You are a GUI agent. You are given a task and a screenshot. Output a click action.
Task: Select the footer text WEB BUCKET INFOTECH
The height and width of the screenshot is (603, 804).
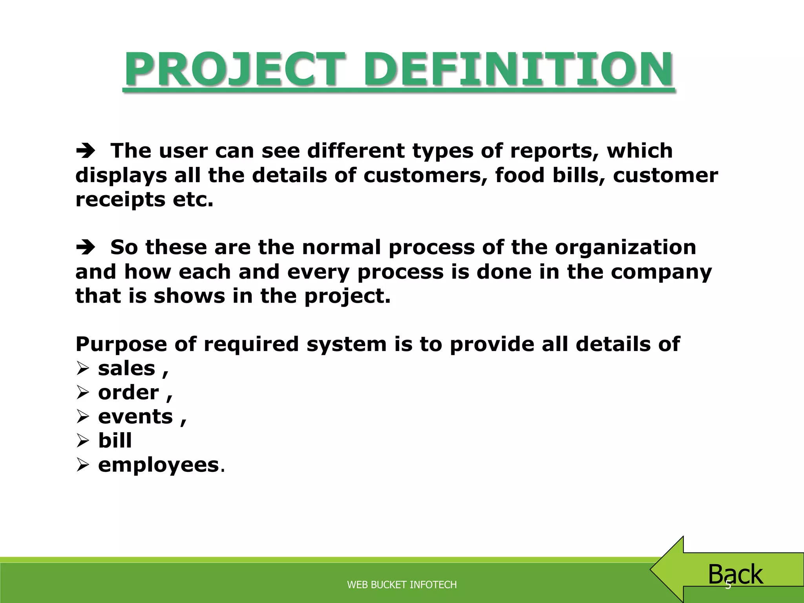click(x=402, y=585)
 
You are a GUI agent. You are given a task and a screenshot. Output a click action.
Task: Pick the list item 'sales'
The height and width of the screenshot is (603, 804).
click(x=126, y=369)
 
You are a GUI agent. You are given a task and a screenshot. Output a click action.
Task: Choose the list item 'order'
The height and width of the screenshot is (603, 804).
click(x=128, y=393)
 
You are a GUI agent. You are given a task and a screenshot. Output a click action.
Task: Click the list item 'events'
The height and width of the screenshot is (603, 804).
click(x=135, y=417)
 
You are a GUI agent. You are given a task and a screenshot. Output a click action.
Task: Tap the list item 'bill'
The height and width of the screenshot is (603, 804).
click(x=115, y=440)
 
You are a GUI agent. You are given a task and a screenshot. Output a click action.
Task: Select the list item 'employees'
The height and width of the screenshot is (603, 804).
click(x=158, y=465)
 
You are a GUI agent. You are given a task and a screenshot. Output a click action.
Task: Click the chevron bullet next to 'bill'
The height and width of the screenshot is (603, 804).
click(x=83, y=441)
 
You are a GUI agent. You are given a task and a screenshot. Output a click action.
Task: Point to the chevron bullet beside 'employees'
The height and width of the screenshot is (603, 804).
click(x=83, y=465)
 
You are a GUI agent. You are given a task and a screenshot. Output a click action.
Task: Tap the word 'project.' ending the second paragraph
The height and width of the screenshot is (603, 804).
click(x=347, y=296)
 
